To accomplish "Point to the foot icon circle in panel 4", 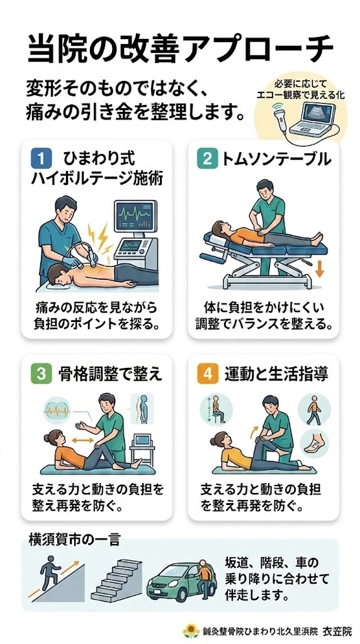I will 313,446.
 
